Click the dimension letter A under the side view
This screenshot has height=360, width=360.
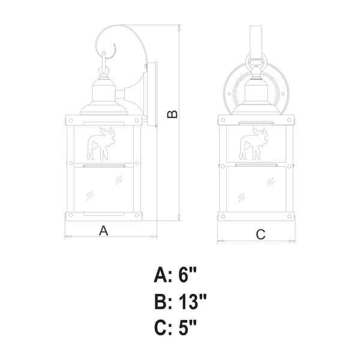(x=104, y=230)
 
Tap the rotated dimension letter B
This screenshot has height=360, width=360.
(x=172, y=114)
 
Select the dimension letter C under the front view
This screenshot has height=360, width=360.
(x=260, y=235)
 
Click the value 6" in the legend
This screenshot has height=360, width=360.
(x=188, y=275)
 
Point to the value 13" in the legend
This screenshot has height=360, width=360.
(x=193, y=301)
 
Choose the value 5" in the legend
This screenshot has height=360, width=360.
(x=188, y=328)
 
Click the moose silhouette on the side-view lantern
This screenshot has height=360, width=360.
(x=101, y=144)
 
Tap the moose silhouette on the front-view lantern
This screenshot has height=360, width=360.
(x=253, y=144)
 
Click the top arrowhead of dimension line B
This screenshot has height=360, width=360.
(x=179, y=28)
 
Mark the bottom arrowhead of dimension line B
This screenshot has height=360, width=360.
(x=179, y=217)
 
